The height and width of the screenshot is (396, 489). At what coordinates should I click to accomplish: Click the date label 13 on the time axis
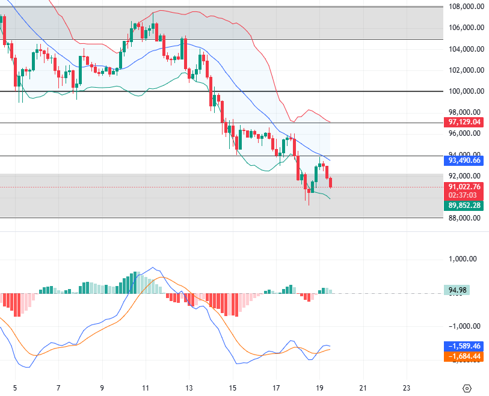[189, 388]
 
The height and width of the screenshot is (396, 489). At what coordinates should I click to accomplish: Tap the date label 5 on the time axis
[15, 388]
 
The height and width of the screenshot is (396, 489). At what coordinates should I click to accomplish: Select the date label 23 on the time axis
[407, 388]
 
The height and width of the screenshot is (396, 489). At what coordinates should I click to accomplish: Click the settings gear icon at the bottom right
[467, 388]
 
